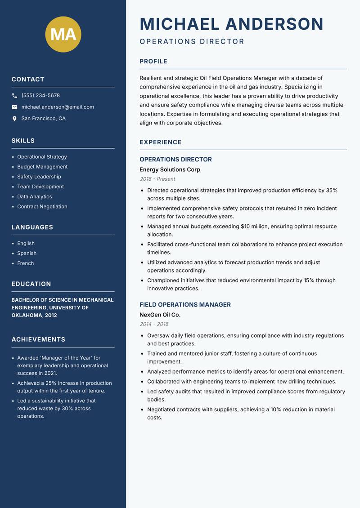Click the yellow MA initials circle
pos(63,34)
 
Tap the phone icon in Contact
pos(14,96)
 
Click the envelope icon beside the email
pos(14,107)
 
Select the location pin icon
pos(14,119)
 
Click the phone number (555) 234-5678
pos(40,96)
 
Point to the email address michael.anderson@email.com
pos(58,107)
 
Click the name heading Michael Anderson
pos(231,24)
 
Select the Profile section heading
pos(153,62)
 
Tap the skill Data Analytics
pos(35,196)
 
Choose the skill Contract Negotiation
pos(42,206)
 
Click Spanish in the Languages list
pos(27,253)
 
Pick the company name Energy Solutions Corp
pos(170,169)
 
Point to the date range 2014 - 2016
pos(154,324)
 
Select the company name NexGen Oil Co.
pos(160,315)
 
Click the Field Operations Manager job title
pos(185,305)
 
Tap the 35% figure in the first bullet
pos(331,190)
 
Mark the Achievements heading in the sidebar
pos(38,339)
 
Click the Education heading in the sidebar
pos(31,284)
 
